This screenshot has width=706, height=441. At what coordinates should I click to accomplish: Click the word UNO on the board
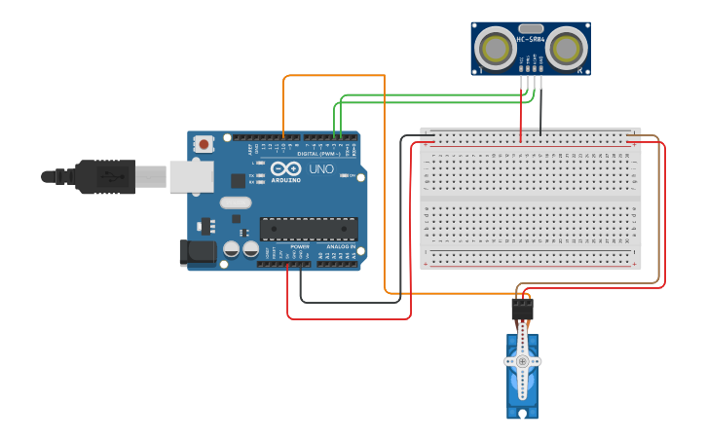[321, 169]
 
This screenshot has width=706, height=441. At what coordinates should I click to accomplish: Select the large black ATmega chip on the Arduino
[308, 229]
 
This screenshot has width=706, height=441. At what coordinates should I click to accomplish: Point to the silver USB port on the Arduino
[192, 176]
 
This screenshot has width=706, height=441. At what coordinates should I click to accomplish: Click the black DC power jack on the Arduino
[198, 253]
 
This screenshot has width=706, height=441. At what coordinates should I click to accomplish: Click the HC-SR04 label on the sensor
[531, 39]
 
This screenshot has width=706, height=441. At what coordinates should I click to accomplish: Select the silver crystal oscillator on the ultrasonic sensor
[531, 28]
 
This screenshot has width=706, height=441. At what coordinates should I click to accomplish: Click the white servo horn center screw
[523, 361]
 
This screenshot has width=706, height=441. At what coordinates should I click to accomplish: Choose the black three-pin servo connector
[523, 310]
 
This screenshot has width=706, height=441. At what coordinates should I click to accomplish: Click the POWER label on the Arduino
[299, 246]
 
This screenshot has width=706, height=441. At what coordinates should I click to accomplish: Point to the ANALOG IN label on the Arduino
[340, 246]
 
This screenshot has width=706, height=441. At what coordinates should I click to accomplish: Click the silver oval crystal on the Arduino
[236, 202]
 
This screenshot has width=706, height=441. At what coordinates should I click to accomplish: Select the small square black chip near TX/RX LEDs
[238, 180]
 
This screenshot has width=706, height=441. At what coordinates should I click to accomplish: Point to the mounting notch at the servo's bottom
[523, 414]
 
